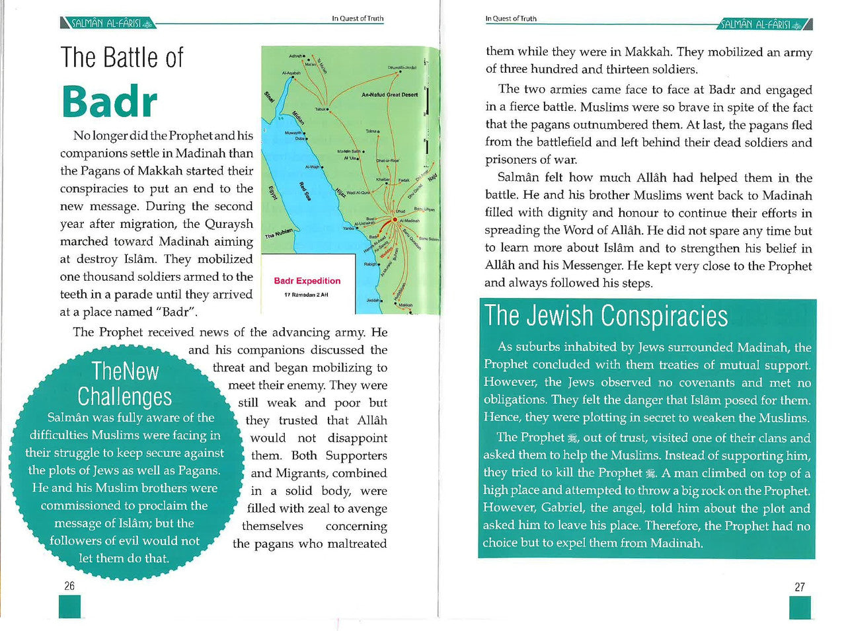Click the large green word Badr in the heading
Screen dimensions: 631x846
(x=110, y=102)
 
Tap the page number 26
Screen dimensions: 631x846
(x=69, y=586)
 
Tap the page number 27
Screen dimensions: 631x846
(x=800, y=587)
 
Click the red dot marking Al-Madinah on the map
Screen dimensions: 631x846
(x=395, y=219)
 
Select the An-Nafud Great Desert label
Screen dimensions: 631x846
(x=389, y=94)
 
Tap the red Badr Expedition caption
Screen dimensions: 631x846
(x=307, y=281)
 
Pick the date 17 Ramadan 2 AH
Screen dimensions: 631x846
(x=306, y=295)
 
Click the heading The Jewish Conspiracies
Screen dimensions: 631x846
(x=605, y=316)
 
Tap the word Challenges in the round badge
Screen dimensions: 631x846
(x=124, y=396)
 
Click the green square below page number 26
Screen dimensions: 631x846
(x=69, y=607)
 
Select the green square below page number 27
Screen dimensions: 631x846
(x=800, y=607)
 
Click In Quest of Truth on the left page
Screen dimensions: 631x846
(x=358, y=19)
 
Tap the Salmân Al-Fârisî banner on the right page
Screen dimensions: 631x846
(x=764, y=24)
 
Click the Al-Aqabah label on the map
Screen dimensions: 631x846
(x=291, y=73)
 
